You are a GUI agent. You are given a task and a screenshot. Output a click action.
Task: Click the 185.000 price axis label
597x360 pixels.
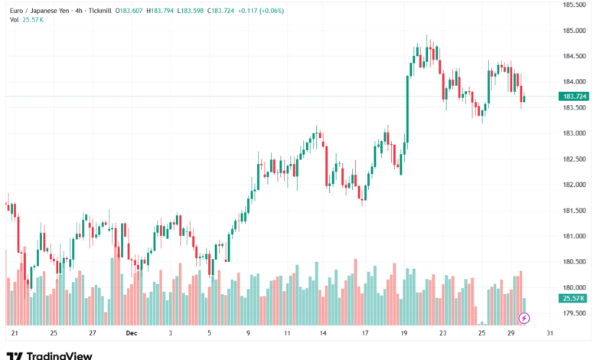574,31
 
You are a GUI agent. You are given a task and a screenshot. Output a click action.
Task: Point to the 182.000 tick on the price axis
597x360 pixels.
574,185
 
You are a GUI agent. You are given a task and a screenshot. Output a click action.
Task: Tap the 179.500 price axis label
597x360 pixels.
574,313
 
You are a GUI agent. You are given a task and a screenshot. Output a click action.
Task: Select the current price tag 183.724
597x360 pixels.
574,96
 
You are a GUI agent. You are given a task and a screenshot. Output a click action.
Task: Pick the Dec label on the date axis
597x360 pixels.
131,333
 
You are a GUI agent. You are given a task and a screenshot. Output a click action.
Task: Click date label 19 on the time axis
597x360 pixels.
403,333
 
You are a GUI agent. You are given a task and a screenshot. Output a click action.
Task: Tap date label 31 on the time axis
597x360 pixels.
550,333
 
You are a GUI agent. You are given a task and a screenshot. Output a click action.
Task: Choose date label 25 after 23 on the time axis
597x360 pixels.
481,333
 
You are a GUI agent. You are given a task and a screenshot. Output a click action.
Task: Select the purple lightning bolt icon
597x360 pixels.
524,317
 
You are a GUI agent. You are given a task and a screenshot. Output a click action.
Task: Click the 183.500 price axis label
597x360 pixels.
574,107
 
